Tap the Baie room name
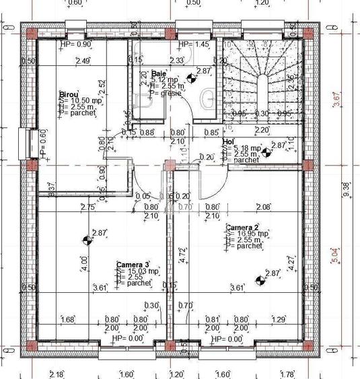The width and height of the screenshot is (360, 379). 159,73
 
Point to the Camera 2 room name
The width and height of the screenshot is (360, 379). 242,227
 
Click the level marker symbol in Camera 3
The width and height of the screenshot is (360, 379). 86,240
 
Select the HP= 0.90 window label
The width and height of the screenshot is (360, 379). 74,44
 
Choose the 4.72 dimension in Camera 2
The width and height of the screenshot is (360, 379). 182,254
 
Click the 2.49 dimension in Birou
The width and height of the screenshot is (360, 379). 83,61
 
